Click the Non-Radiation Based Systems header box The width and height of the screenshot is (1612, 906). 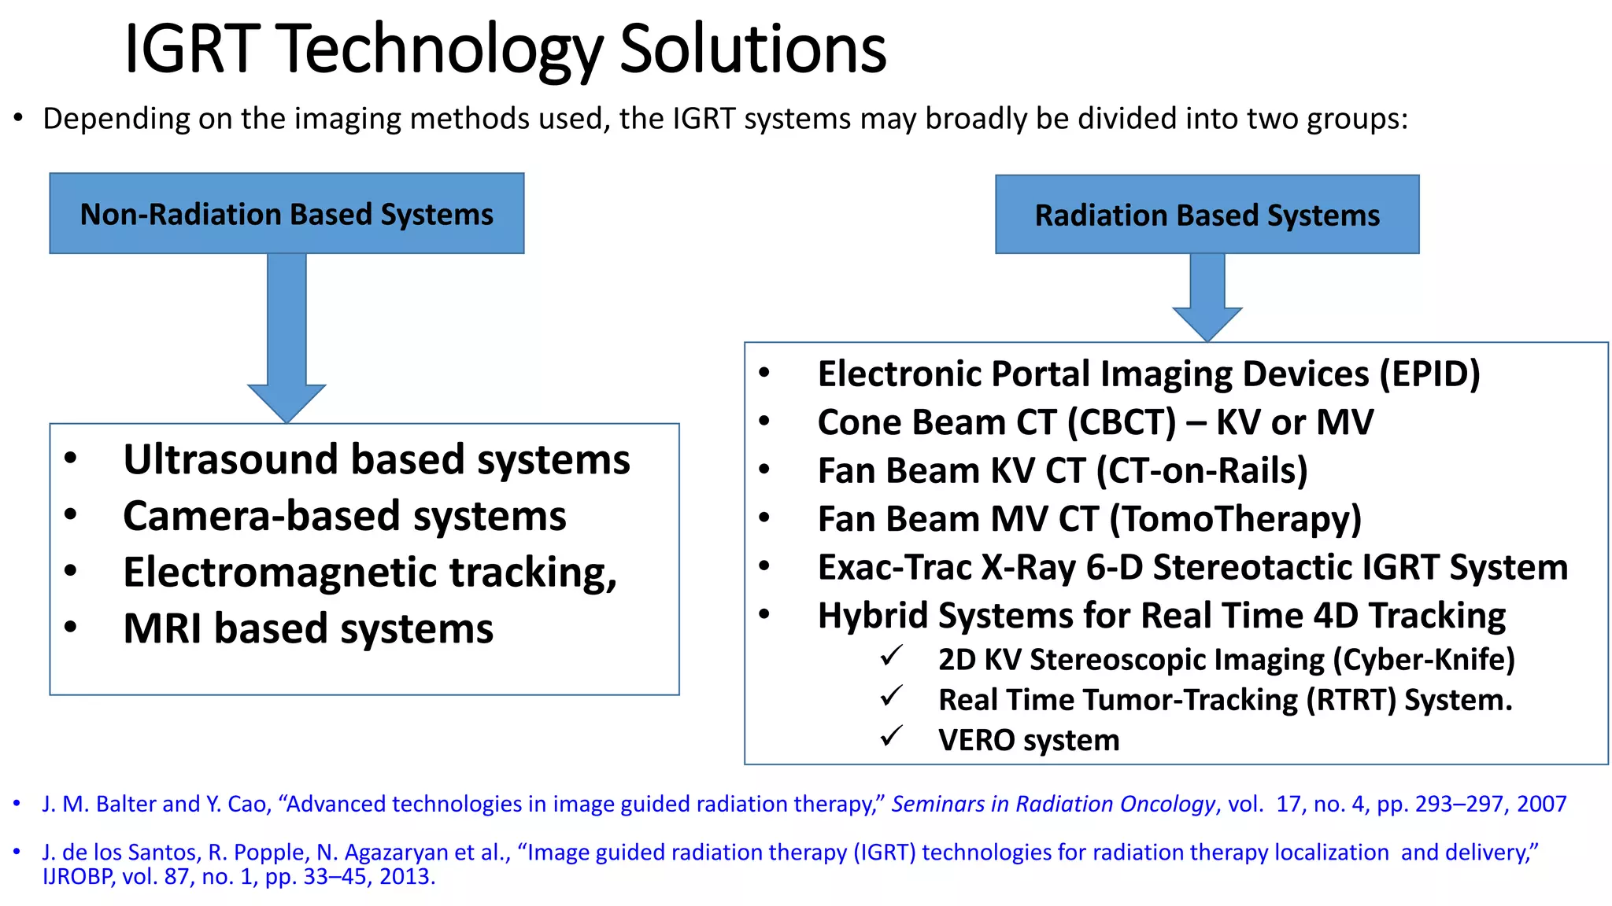click(287, 214)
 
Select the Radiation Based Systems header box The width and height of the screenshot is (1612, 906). click(1207, 215)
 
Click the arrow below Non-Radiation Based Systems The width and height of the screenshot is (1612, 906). click(287, 338)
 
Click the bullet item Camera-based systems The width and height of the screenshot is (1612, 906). click(344, 517)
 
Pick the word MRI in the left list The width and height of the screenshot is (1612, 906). click(163, 629)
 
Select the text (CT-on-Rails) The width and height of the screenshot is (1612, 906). click(1201, 471)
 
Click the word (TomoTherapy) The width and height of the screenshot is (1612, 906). click(1235, 519)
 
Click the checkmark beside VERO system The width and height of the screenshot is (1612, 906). click(891, 737)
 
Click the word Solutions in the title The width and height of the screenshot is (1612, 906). click(753, 49)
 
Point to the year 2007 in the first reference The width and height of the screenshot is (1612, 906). click(1541, 805)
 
